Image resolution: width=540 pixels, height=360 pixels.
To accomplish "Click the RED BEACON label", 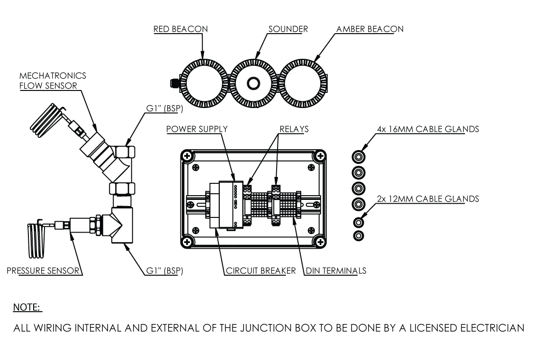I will tap(180, 29).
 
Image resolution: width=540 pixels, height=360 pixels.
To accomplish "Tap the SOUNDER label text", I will tap(288, 29).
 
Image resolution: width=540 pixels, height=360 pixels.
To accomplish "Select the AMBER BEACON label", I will tap(370, 29).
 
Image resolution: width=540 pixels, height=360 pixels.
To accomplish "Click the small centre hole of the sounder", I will tap(253, 84).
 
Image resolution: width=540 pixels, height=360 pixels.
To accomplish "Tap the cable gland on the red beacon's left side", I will tap(174, 84).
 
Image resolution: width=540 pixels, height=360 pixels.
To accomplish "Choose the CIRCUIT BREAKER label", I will tap(260, 271).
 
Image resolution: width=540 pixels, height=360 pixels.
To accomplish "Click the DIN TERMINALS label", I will tap(336, 271).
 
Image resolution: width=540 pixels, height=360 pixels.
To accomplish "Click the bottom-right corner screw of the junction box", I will tap(320, 243).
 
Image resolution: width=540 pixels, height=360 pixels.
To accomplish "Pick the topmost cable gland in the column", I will tap(359, 157).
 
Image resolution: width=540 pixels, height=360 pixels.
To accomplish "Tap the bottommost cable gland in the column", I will tap(359, 235).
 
